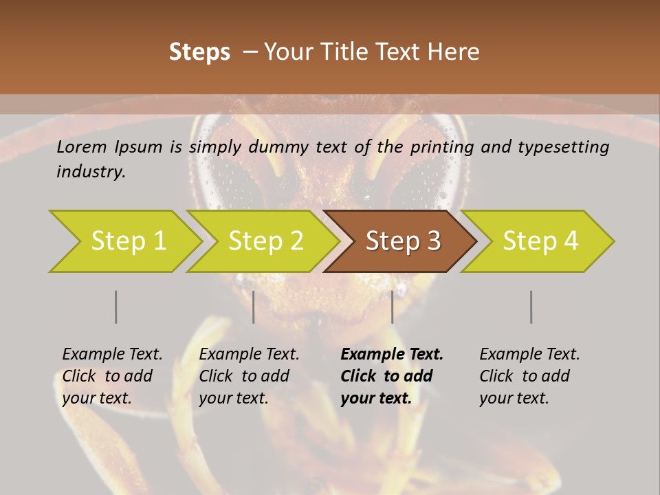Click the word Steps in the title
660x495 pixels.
[x=199, y=52]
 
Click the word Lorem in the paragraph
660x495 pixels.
[x=81, y=146]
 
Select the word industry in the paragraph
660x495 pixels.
[x=91, y=171]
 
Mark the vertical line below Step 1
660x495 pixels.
[x=115, y=307]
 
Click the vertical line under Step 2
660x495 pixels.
[x=254, y=307]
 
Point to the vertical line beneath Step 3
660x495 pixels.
[x=392, y=307]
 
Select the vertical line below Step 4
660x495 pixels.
[x=531, y=307]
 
